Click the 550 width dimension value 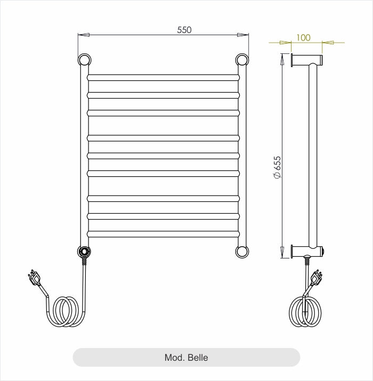tap(184, 30)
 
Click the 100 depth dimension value tap(303, 37)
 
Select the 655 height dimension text tap(277, 167)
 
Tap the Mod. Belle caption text tap(186, 358)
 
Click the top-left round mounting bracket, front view tap(84, 59)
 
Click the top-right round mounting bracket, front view tap(242, 59)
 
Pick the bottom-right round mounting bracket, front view tap(242, 250)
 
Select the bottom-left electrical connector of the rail tap(84, 252)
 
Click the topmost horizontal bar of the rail tap(163, 77)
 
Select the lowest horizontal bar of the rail tap(163, 233)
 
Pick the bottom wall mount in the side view tap(306, 250)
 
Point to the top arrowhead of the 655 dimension tap(282, 59)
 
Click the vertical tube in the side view tap(313, 155)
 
